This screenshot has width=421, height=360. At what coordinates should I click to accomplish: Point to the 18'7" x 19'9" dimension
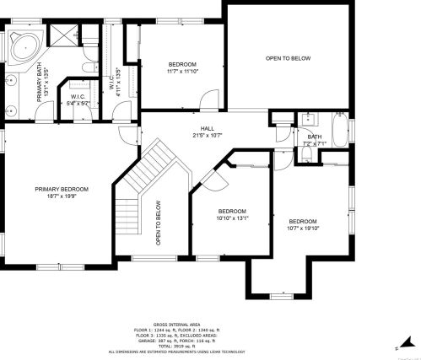[x=62, y=196]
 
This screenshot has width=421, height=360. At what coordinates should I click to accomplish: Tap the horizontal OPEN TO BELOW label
[x=288, y=58]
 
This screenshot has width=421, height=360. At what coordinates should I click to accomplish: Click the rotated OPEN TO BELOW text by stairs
[x=158, y=222]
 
